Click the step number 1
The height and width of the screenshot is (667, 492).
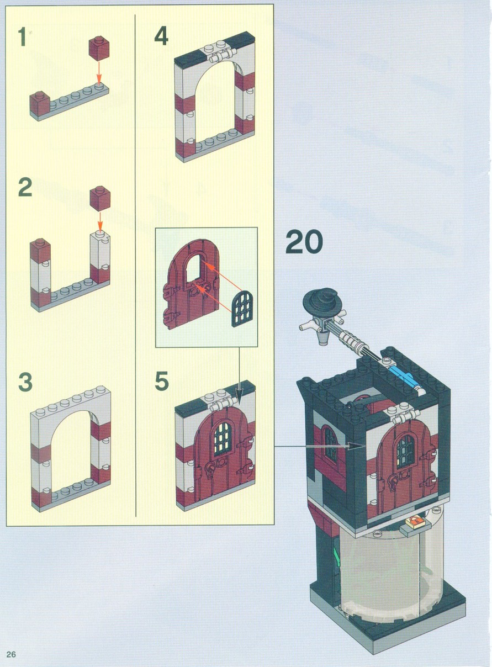tap(22, 37)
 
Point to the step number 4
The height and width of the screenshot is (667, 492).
tap(161, 35)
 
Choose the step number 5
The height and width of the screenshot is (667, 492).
tap(162, 380)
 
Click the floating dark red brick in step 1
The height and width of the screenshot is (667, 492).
tap(99, 48)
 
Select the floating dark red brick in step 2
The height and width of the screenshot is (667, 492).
tap(100, 199)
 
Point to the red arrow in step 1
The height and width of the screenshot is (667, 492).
tap(99, 71)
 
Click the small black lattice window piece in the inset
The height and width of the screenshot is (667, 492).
tap(242, 309)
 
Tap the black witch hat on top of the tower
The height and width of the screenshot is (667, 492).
tap(321, 302)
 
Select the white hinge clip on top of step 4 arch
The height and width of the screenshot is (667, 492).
tap(221, 56)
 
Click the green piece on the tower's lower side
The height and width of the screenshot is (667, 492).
tap(336, 551)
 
